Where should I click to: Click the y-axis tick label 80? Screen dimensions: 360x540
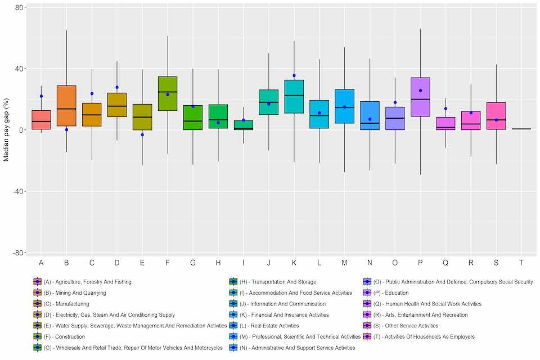(x=19, y=8)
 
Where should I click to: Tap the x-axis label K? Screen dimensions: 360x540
(x=294, y=263)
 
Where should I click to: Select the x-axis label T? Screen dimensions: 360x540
(x=521, y=263)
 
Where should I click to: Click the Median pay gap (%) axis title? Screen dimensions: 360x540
(x=6, y=129)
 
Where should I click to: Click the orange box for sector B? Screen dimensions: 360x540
(x=66, y=106)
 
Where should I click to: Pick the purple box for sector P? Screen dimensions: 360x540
(x=420, y=97)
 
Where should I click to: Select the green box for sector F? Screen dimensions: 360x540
(x=168, y=93)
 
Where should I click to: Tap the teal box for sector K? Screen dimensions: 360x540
(x=294, y=96)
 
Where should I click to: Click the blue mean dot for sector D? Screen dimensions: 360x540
(x=117, y=87)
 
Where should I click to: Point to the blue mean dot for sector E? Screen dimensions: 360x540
(x=142, y=134)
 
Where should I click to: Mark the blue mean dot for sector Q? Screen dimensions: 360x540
(x=445, y=109)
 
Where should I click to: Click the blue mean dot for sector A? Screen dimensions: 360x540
(x=41, y=96)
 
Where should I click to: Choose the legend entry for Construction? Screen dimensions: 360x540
(x=64, y=337)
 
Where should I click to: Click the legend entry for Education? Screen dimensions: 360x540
(x=389, y=293)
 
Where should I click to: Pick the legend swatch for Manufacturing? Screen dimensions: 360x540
(x=37, y=304)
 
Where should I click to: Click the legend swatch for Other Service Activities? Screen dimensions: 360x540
(x=366, y=326)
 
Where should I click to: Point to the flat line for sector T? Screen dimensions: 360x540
(x=521, y=129)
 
